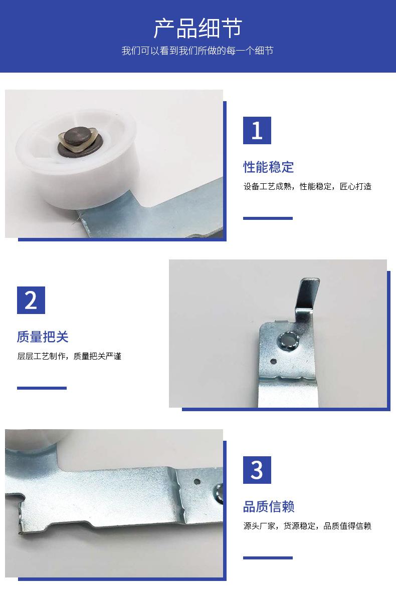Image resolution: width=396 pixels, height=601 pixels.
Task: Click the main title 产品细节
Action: (198, 28)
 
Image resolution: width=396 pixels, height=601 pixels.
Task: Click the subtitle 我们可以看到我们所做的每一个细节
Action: (197, 51)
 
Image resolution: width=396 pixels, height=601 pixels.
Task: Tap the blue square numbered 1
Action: (257, 130)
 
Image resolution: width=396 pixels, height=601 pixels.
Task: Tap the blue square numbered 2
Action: (31, 300)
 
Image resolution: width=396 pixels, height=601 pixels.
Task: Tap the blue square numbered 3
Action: (257, 470)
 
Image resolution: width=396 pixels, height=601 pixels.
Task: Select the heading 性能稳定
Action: (268, 167)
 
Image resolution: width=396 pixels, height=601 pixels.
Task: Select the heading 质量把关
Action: (43, 337)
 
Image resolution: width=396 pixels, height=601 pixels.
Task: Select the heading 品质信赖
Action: (269, 506)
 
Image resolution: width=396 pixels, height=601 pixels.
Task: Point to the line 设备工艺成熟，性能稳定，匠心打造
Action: (307, 186)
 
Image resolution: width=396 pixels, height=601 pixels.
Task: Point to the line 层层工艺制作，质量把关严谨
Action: (69, 356)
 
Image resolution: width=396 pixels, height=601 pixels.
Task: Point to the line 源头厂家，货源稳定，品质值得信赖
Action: (307, 526)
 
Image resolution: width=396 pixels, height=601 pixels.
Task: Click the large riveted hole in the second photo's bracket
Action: (288, 340)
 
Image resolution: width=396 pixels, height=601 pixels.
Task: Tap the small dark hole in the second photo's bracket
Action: (273, 361)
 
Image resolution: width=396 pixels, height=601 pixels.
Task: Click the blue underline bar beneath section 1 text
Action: (268, 218)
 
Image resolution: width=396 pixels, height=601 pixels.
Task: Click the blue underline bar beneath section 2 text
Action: (42, 388)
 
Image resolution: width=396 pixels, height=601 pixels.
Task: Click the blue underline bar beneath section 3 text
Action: (268, 558)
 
